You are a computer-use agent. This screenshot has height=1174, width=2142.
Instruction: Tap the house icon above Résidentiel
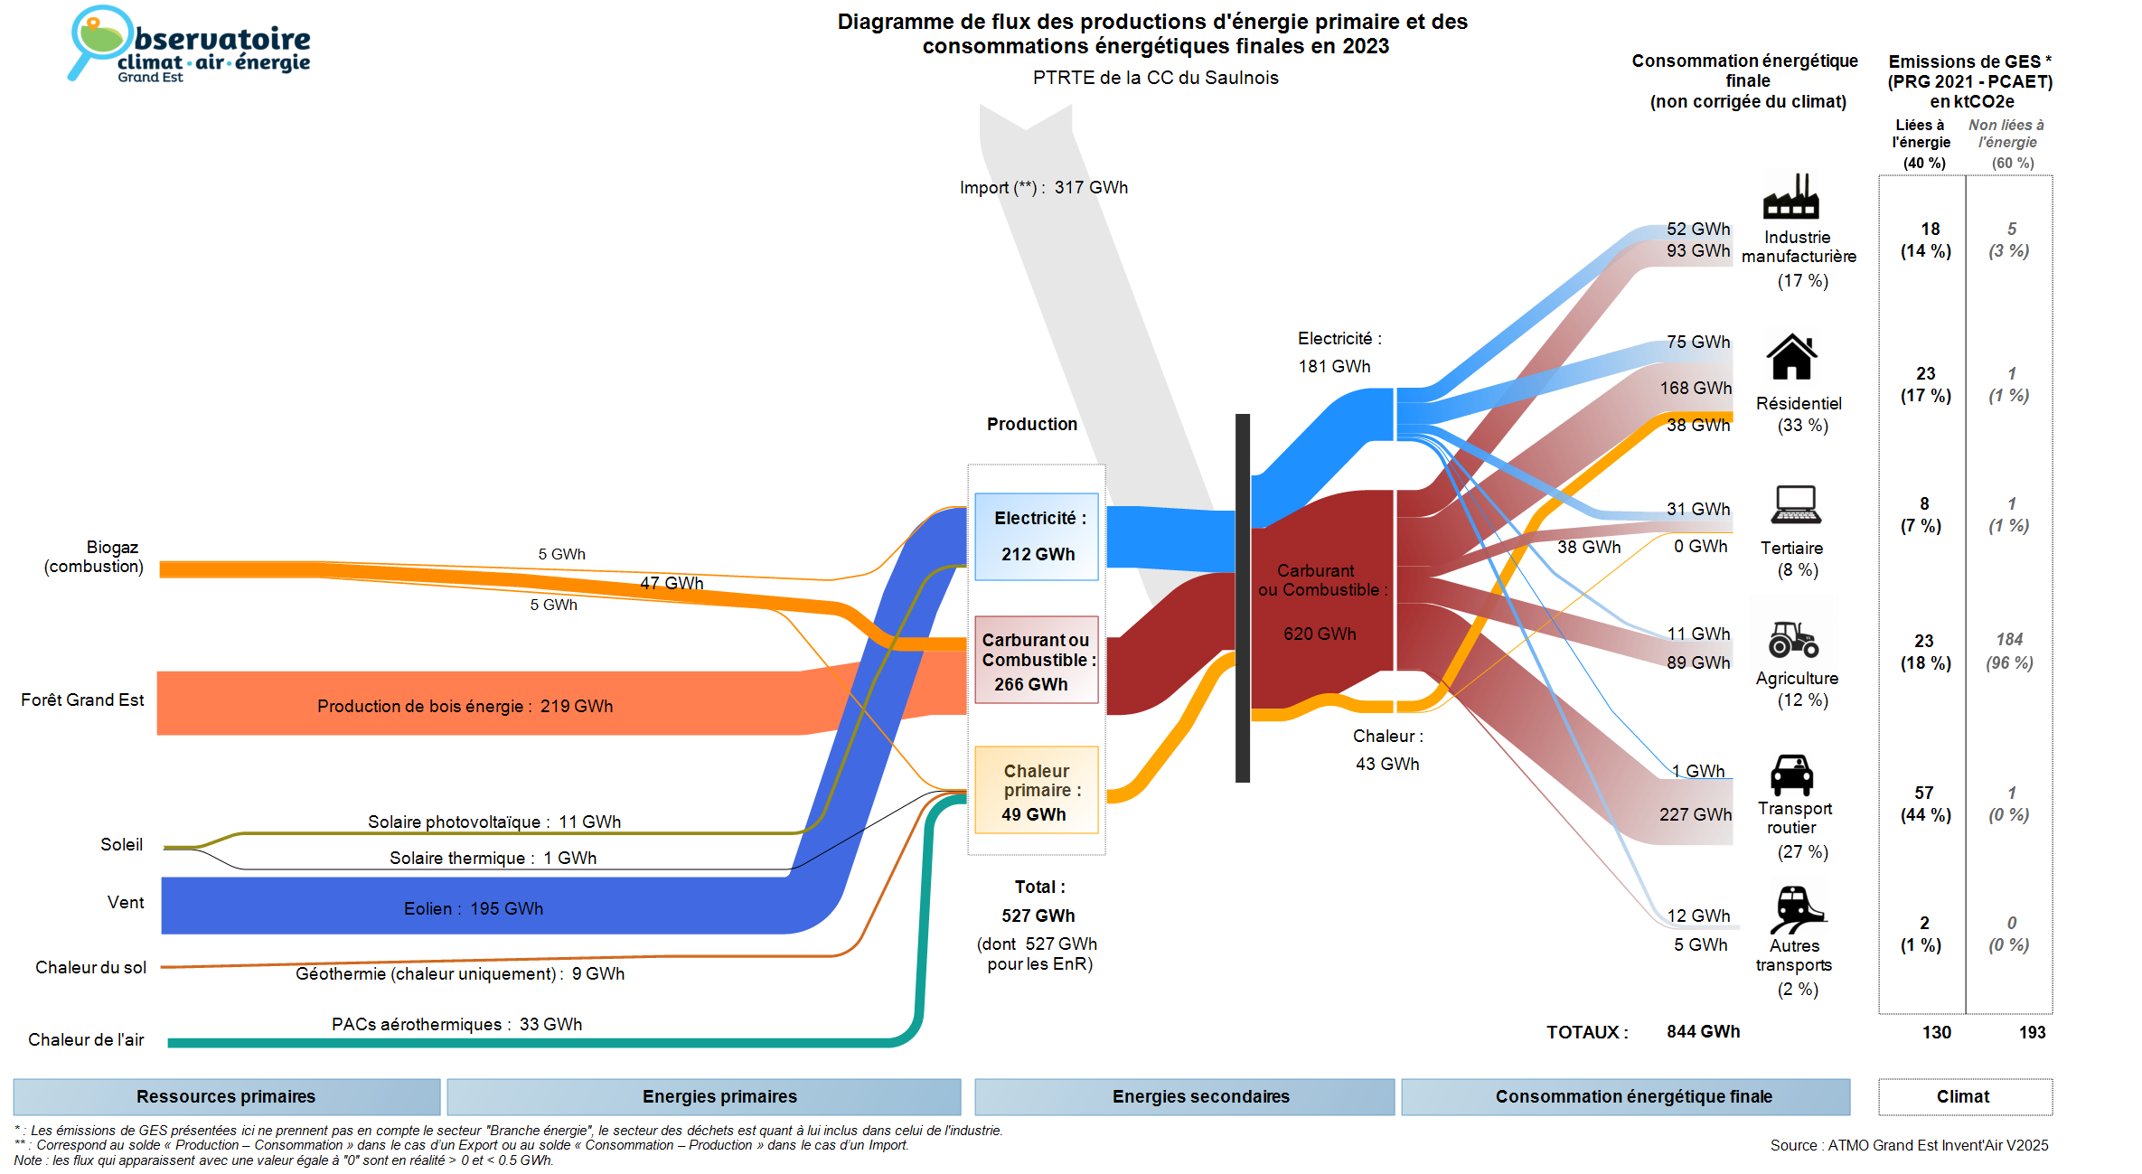1791,357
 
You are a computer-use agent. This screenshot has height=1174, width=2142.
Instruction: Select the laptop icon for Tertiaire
1795,504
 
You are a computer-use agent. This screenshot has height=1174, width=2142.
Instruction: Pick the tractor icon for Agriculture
1793,639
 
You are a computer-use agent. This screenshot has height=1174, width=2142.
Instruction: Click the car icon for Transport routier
1791,775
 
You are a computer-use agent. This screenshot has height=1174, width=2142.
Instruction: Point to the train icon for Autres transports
1796,908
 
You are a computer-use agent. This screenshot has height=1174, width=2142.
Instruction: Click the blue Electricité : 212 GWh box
1037,536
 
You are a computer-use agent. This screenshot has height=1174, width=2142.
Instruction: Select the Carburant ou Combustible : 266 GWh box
1037,660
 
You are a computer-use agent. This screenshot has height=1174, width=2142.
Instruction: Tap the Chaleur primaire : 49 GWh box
1037,791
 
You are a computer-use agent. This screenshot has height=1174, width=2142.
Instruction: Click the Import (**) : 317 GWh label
1044,188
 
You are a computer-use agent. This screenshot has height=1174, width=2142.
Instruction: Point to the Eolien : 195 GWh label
474,908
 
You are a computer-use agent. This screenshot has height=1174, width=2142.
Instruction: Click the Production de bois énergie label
465,706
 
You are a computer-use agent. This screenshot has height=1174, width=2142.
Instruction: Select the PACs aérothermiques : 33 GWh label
456,1024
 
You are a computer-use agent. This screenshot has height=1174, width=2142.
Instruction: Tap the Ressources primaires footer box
226,1096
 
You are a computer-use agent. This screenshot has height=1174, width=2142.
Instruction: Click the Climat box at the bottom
1964,1096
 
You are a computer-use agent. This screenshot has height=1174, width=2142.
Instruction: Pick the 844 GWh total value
1703,1031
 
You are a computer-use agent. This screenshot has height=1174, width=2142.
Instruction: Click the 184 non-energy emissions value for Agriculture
2009,640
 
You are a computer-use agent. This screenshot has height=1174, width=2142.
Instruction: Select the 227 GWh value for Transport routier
1695,814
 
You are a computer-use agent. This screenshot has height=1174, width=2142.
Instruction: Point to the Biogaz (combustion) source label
94,557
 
